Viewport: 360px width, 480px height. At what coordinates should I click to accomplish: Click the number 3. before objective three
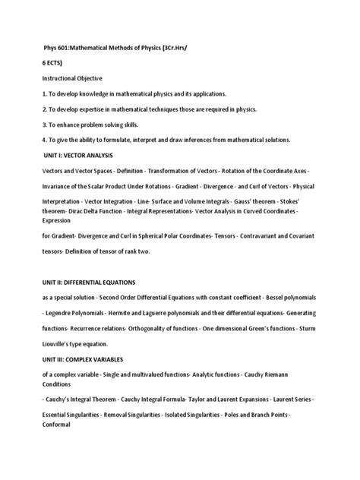44,124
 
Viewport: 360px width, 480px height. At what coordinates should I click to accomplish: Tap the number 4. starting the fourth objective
44,140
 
